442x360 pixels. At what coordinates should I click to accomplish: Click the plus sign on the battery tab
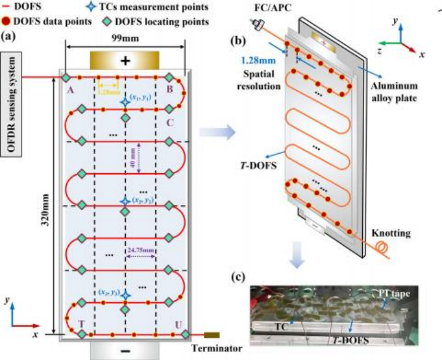[125, 61]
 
